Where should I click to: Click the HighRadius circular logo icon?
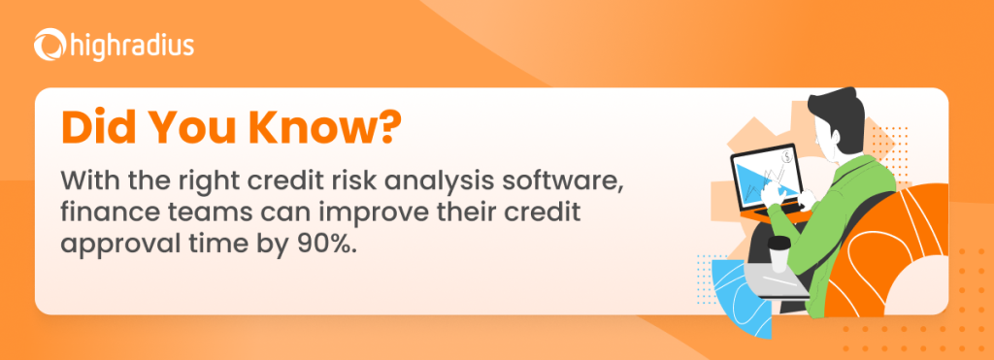48,45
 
